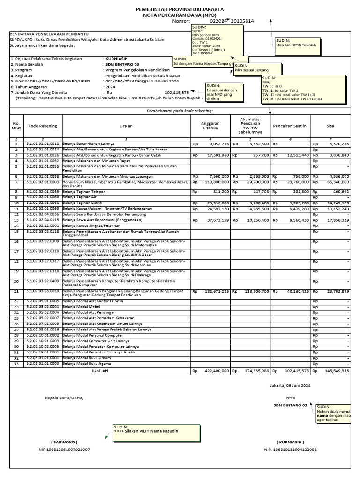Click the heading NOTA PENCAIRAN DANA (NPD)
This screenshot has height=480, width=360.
tap(180, 15)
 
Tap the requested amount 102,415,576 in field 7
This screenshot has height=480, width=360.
tap(177, 93)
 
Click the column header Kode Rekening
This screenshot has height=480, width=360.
tap(43, 126)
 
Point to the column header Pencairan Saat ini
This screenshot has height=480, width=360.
tap(290, 126)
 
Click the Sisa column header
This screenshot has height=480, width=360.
tap(330, 126)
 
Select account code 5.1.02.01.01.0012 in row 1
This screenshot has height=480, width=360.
tap(43, 144)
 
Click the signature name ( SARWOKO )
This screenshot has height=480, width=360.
tap(64, 442)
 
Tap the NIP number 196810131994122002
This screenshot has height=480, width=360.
tap(290, 450)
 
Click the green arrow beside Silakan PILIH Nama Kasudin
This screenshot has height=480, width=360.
tap(107, 437)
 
